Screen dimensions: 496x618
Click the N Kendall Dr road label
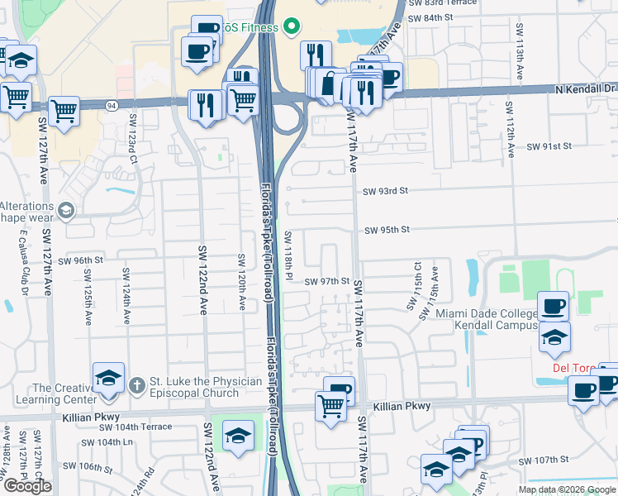click(587, 88)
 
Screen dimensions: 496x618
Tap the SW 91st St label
click(550, 146)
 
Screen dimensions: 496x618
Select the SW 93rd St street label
click(386, 191)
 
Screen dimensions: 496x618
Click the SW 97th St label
click(327, 281)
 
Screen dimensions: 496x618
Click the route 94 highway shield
click(111, 105)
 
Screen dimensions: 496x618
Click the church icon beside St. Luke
click(138, 384)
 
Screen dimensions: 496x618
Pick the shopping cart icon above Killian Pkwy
click(330, 406)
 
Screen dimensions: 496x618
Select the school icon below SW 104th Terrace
click(238, 436)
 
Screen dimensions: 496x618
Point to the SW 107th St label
click(543, 460)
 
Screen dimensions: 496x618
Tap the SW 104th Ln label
click(99, 442)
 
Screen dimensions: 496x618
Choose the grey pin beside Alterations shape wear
click(66, 211)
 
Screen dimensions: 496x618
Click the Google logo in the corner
click(27, 486)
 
